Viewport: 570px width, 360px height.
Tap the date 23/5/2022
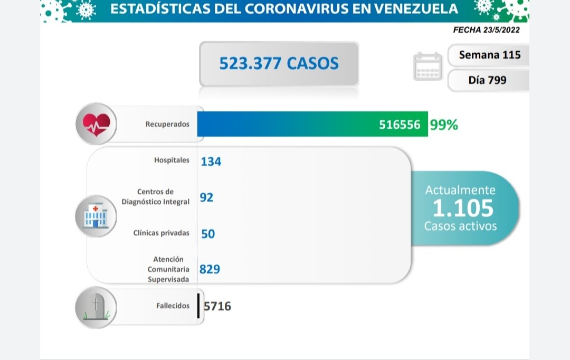pyautogui.click(x=501, y=30)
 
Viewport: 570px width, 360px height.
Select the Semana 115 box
pyautogui.click(x=489, y=54)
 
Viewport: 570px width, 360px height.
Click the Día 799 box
pyautogui.click(x=487, y=80)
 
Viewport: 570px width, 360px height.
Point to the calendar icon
pyautogui.click(x=427, y=67)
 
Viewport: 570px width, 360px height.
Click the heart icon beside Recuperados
pyautogui.click(x=96, y=125)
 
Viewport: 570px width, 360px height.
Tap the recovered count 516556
pyautogui.click(x=400, y=125)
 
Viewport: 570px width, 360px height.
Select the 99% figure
pyautogui.click(x=444, y=125)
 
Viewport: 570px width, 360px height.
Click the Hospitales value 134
pyautogui.click(x=211, y=161)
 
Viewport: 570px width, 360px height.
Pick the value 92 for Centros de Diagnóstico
pyautogui.click(x=206, y=197)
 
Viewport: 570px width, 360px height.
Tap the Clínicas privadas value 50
pyautogui.click(x=208, y=233)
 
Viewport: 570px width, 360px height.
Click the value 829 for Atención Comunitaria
pyautogui.click(x=210, y=269)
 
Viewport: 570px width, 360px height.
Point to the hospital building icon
pyautogui.click(x=96, y=216)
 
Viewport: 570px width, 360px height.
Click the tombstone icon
pyautogui.click(x=96, y=307)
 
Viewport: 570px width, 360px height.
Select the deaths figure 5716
pyautogui.click(x=217, y=306)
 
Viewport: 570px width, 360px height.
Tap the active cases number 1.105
pyautogui.click(x=463, y=209)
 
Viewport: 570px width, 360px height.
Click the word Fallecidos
pyautogui.click(x=173, y=306)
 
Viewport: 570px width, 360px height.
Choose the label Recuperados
pyautogui.click(x=167, y=125)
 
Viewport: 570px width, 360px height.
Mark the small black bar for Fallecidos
pyautogui.click(x=198, y=306)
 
